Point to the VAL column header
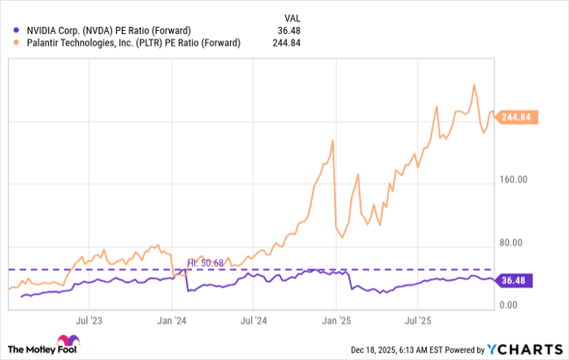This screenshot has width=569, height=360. point(293,17)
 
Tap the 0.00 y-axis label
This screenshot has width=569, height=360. point(508,306)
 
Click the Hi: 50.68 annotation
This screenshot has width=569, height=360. point(204,262)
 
